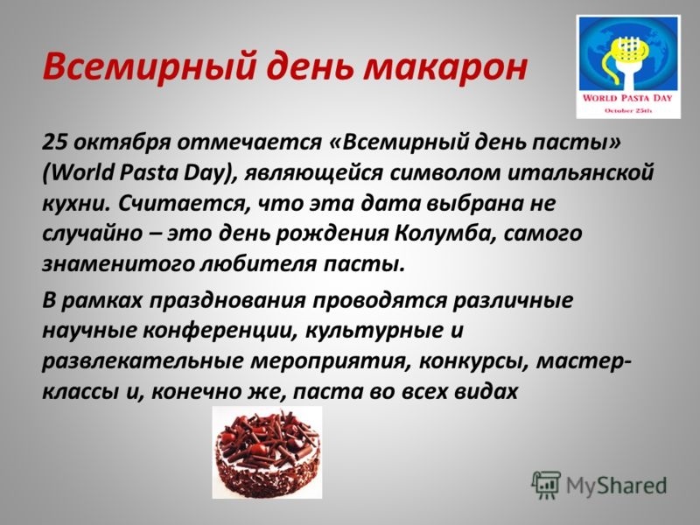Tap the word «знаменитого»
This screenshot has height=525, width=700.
[117, 261]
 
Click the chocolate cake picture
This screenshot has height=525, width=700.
[267, 452]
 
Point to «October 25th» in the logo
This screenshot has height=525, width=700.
[630, 111]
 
